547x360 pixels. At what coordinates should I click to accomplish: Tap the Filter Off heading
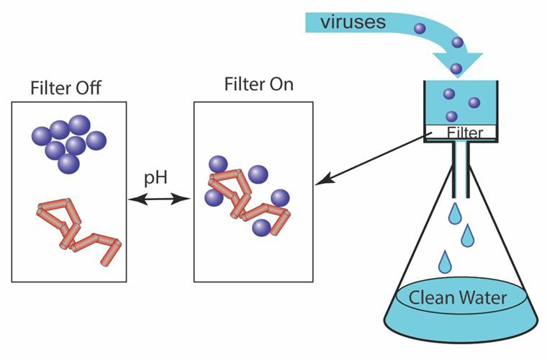(x=65, y=89)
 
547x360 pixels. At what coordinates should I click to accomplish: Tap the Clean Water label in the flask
(x=458, y=297)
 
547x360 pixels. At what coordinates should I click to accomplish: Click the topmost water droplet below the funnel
(x=455, y=213)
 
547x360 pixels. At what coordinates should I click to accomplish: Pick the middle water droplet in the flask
(x=468, y=235)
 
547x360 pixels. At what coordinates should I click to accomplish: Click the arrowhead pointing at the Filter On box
(x=322, y=181)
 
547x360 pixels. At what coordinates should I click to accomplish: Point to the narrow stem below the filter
(x=461, y=169)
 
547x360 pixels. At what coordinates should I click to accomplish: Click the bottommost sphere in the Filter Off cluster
(x=68, y=163)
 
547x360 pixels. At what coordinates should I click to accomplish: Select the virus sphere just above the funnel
(x=456, y=68)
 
